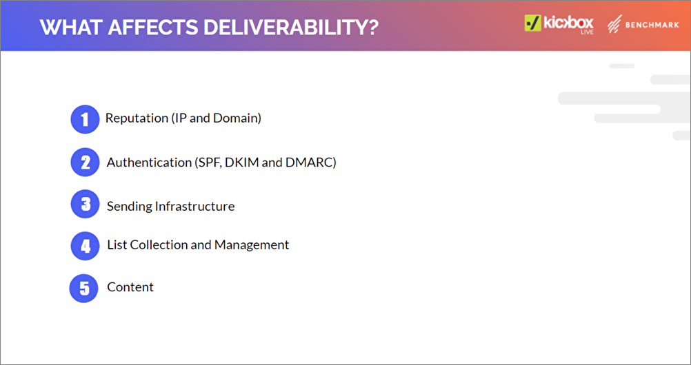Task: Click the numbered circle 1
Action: tap(85, 119)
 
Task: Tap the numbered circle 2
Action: tap(85, 163)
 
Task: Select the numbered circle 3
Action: tap(85, 205)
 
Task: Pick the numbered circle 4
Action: tap(85, 246)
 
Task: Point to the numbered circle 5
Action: tap(83, 289)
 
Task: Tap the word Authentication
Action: tap(150, 163)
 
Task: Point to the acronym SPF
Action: tap(208, 163)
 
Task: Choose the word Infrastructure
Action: tap(195, 206)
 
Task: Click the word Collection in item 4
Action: tap(164, 244)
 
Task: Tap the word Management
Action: tap(252, 245)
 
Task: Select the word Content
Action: tap(130, 287)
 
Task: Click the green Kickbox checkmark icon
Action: tap(532, 23)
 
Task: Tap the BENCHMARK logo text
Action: tap(652, 25)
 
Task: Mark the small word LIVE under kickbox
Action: tap(587, 32)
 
